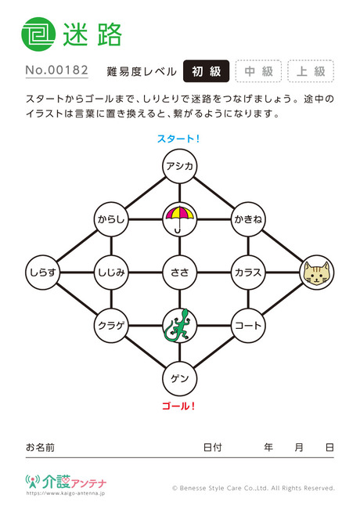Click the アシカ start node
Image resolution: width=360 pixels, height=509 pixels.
[180, 166]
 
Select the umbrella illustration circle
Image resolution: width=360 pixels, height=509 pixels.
[180, 219]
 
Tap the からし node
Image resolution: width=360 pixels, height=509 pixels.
[111, 219]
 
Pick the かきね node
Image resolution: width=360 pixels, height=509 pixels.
[248, 219]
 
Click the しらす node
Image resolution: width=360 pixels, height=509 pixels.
[43, 273]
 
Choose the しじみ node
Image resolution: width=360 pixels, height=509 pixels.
[111, 273]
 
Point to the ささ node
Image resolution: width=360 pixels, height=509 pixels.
[180, 273]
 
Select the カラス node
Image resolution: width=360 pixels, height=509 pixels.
[248, 273]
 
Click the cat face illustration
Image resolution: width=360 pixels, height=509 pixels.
[316, 273]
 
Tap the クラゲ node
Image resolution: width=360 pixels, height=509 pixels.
[111, 325]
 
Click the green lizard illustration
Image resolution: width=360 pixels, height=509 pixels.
[180, 325]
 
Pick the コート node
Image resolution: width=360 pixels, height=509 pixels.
[248, 325]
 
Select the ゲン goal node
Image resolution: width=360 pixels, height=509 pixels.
[180, 378]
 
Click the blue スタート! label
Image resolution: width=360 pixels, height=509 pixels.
[178, 139]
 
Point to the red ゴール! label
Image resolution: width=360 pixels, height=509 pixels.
[178, 406]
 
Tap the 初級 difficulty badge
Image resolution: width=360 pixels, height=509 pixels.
[207, 71]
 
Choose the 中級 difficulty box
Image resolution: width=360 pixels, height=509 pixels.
[258, 71]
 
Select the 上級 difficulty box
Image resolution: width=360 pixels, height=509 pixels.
[311, 71]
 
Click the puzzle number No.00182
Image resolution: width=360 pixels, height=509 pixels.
[57, 70]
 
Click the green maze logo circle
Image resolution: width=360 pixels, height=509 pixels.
[38, 34]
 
